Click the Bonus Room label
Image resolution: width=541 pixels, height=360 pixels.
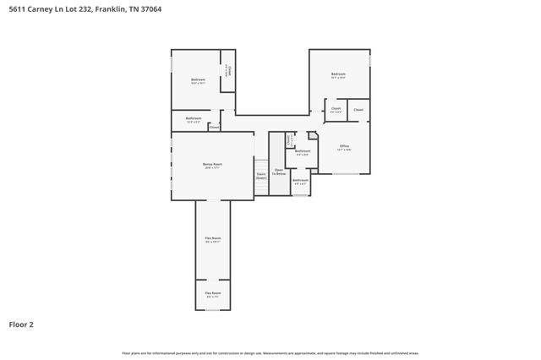(x=212, y=164)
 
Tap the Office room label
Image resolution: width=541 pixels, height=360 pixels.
(x=344, y=147)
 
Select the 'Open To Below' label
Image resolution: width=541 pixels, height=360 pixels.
(x=279, y=172)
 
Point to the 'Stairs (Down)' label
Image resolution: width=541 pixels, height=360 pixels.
(x=261, y=177)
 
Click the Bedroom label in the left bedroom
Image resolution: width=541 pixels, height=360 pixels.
(x=198, y=80)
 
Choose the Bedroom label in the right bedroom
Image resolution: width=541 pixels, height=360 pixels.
(x=338, y=74)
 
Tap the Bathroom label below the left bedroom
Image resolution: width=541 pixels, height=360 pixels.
(x=194, y=118)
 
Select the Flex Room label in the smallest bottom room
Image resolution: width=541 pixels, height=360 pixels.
(x=212, y=293)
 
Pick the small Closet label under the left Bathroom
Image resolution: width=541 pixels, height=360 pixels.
(x=214, y=128)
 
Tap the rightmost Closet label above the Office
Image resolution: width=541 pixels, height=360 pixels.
(x=358, y=110)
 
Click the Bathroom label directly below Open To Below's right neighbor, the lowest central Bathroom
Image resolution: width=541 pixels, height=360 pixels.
(x=300, y=181)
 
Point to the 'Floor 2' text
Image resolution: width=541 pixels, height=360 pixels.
(x=21, y=324)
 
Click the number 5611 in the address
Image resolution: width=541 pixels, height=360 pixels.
(x=18, y=8)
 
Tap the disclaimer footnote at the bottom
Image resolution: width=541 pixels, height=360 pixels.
(x=270, y=353)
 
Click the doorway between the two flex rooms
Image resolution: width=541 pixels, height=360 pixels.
(x=212, y=281)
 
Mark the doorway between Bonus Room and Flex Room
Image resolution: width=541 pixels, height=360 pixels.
(x=212, y=200)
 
